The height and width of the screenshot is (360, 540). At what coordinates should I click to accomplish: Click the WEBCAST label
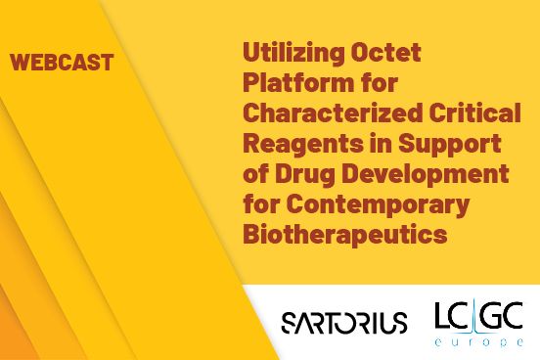(62, 64)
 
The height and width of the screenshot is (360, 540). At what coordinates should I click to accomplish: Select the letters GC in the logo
(505, 316)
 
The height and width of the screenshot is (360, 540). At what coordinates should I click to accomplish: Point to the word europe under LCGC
(480, 342)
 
